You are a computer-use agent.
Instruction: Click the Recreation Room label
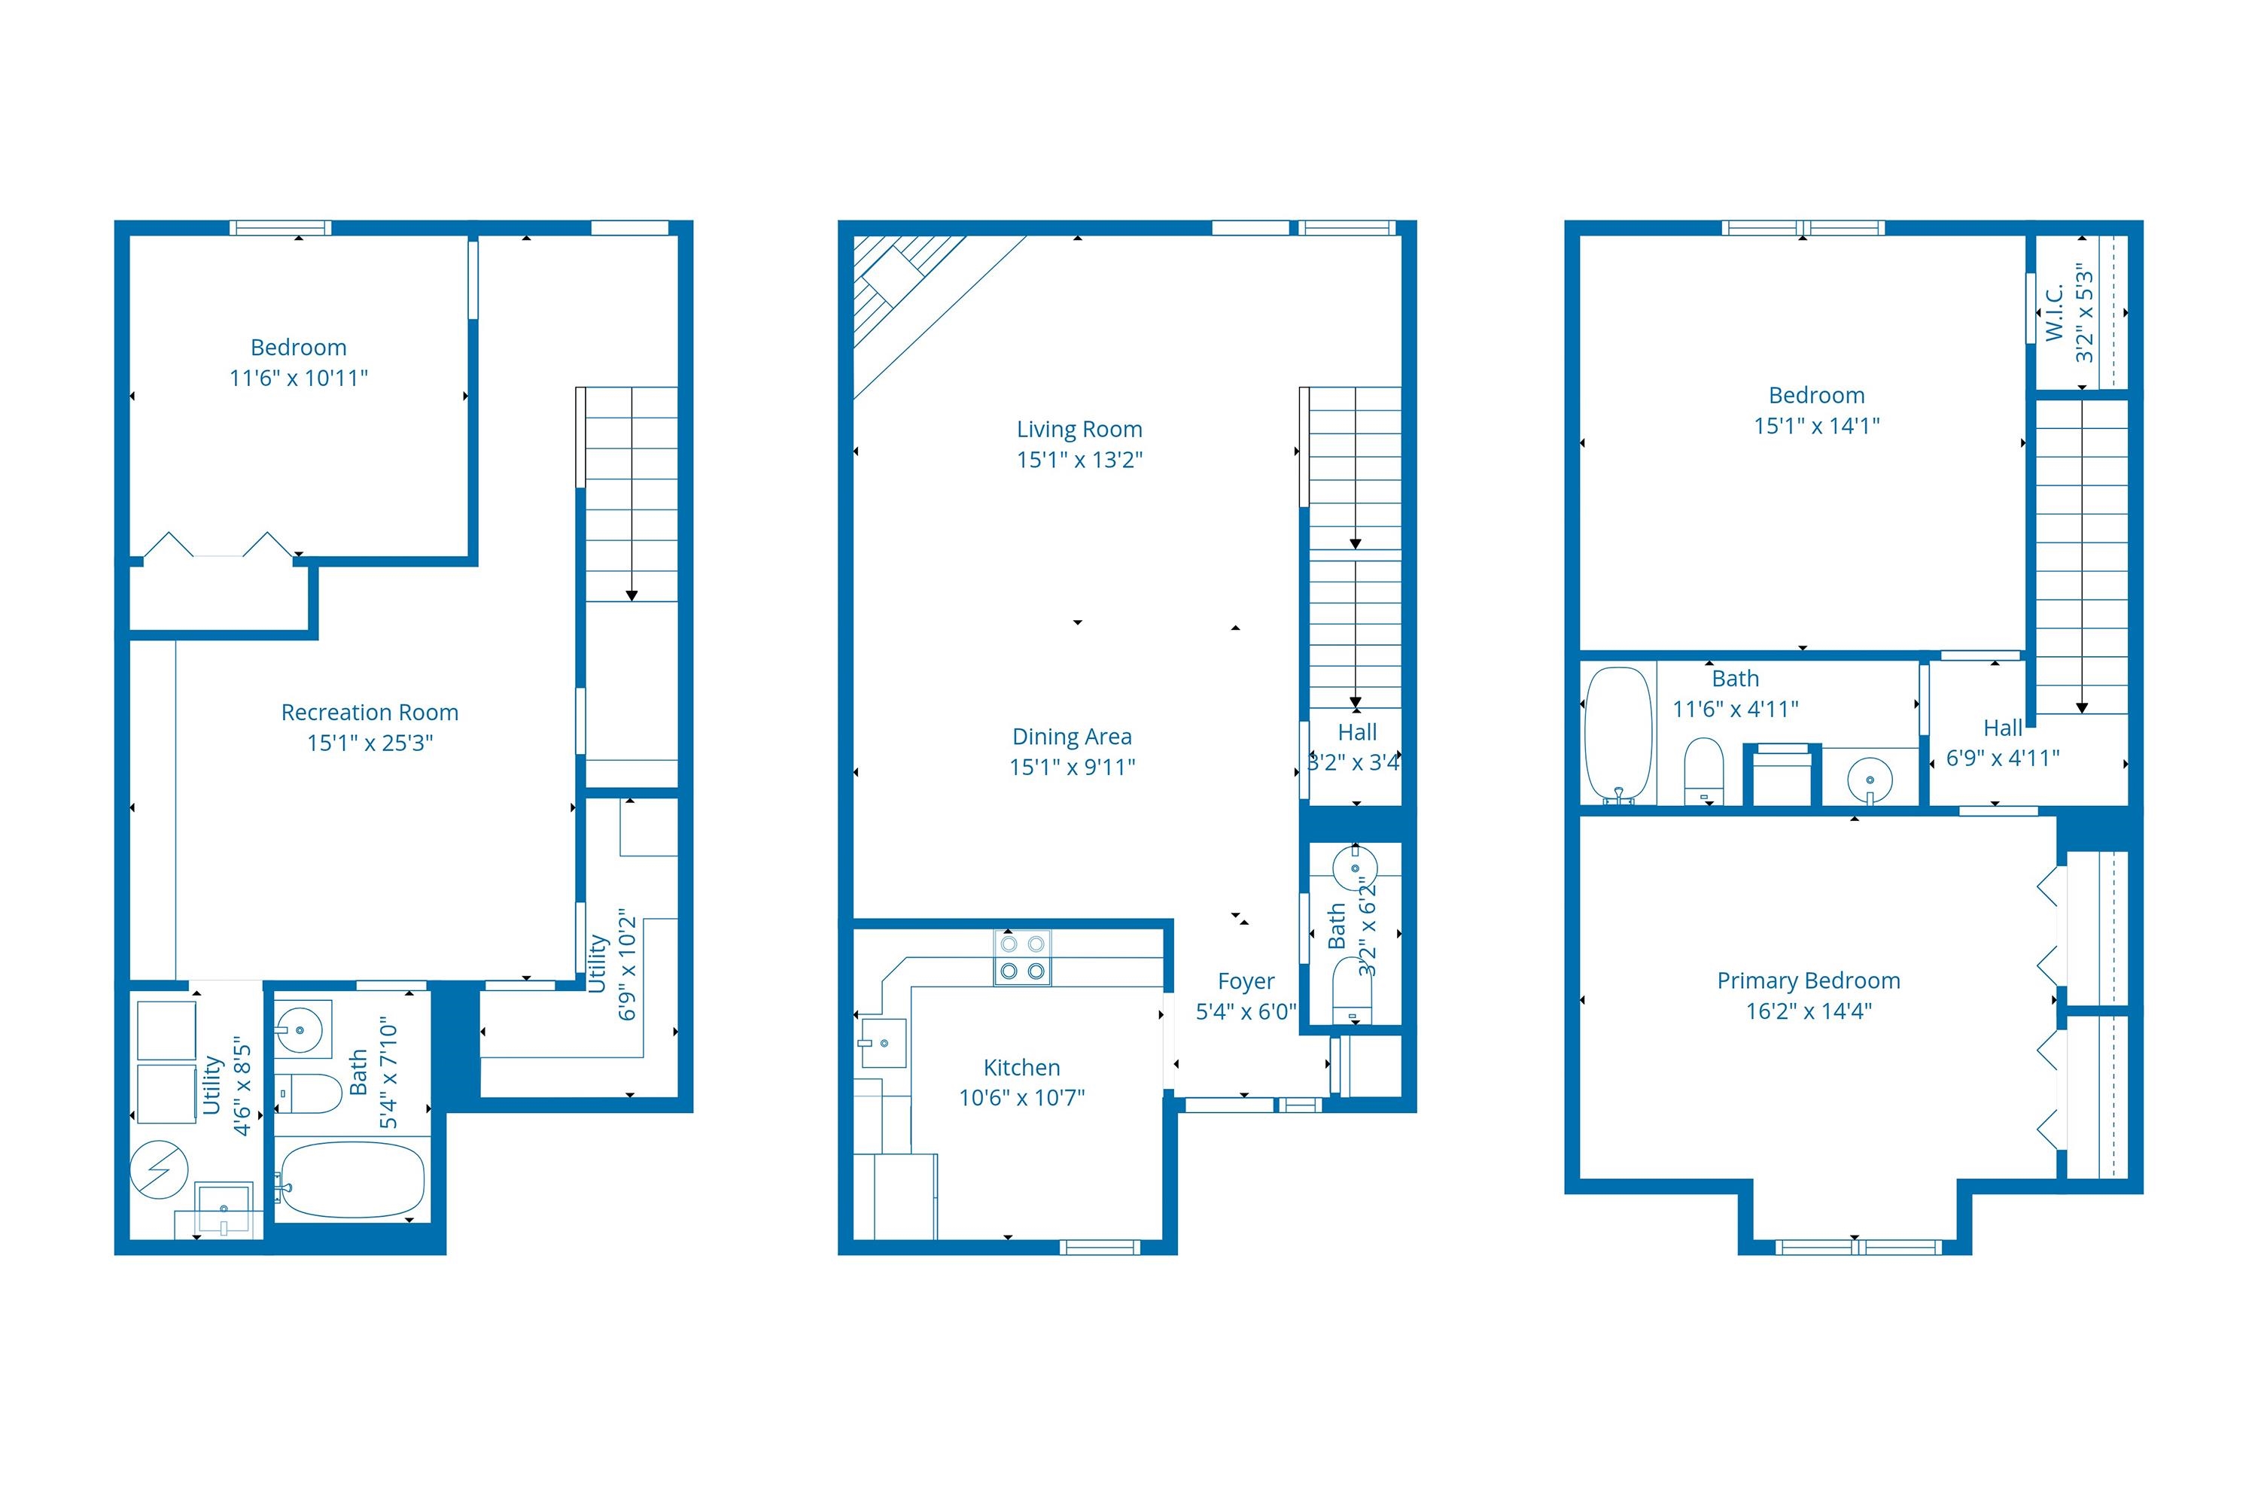[x=370, y=712]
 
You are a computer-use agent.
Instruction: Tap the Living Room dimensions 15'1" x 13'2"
[x=1079, y=460]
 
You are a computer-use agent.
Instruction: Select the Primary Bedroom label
[x=1809, y=981]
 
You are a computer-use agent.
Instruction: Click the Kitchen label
[x=1021, y=1067]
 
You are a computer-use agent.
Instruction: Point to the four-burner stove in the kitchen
[x=1022, y=958]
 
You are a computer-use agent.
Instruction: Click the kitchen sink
[x=883, y=1042]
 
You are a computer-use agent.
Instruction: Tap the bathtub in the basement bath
[x=352, y=1180]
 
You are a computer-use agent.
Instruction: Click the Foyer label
[x=1246, y=981]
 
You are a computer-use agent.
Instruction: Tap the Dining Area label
[x=1073, y=736]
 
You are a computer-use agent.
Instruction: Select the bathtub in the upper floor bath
[x=1619, y=734]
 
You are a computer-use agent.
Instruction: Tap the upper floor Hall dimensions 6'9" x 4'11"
[x=2003, y=759]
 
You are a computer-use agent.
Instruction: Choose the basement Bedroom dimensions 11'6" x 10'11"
[x=299, y=379]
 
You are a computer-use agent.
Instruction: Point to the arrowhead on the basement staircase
[x=631, y=596]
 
